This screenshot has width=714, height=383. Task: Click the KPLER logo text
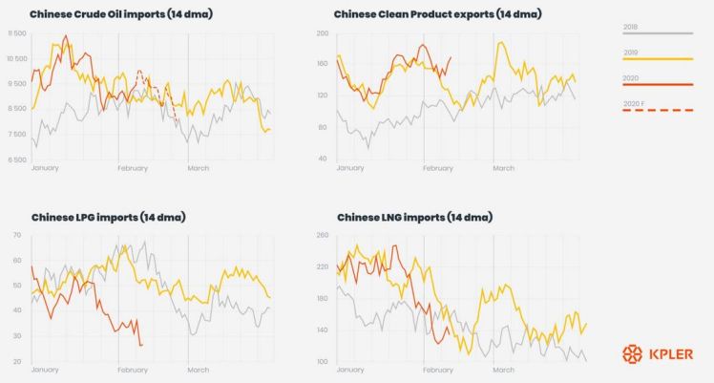676,354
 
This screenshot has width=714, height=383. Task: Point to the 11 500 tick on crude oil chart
16,33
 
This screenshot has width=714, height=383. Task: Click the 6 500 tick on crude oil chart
16,160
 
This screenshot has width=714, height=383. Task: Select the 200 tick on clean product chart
323,33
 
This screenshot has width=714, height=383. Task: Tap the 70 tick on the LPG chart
17,235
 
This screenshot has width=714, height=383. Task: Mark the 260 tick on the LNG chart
322,235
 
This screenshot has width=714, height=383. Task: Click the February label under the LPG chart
133,370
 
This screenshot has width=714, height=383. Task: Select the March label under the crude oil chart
198,168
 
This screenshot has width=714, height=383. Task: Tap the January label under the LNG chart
351,370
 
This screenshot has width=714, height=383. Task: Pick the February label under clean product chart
437,168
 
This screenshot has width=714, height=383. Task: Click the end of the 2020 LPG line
141,344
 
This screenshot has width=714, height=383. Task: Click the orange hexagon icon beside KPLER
631,354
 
